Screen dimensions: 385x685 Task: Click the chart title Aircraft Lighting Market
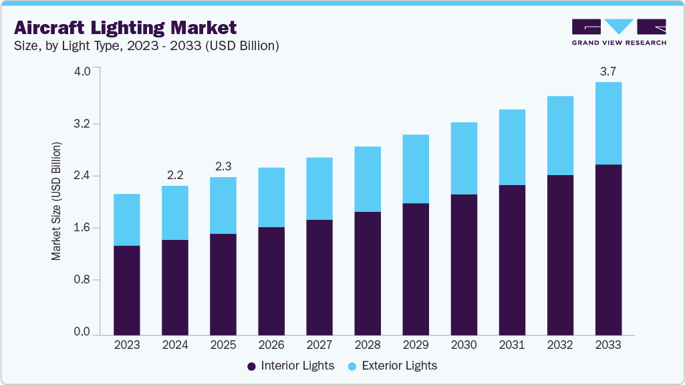click(x=125, y=27)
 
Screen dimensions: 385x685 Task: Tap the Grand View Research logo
click(x=619, y=32)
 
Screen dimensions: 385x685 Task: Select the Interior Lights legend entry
click(x=290, y=366)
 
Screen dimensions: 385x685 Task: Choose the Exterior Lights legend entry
click(x=392, y=366)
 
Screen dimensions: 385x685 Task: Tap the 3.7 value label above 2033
click(x=608, y=72)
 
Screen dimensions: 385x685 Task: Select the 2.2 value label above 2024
click(x=175, y=175)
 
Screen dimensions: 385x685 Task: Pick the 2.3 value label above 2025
click(x=223, y=166)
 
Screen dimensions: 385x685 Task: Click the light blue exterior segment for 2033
click(x=608, y=123)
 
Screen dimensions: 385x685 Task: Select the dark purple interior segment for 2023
click(x=127, y=290)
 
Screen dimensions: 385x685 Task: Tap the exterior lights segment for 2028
click(x=368, y=179)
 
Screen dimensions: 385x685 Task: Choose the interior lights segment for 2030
click(x=464, y=265)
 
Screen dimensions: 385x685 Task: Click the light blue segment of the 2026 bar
click(x=271, y=197)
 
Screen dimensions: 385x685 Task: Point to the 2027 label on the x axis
click(x=319, y=346)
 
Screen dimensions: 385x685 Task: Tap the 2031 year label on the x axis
click(x=512, y=346)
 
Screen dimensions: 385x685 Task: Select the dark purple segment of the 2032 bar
click(x=560, y=255)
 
